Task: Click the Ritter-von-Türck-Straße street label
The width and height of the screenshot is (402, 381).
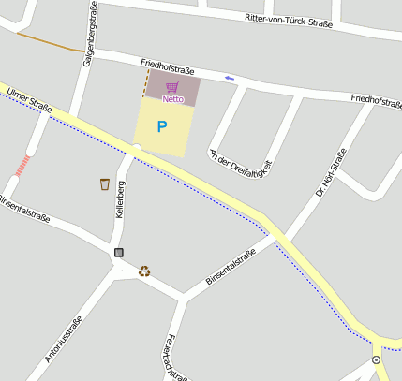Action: coord(289,19)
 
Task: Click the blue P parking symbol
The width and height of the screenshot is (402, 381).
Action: coord(162,126)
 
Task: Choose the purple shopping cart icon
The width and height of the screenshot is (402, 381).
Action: coord(171,87)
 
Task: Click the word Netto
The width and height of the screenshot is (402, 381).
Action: coord(172,98)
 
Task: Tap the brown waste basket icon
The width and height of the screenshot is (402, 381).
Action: coord(105,183)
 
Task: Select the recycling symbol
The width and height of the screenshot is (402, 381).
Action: coord(144,271)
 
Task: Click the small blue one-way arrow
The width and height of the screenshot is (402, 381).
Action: coord(230,78)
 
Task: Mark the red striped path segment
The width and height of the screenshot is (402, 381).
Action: coord(22,166)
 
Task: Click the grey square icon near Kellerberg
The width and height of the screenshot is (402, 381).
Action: coord(119,252)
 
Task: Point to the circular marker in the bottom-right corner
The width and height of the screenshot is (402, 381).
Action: coord(376,359)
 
